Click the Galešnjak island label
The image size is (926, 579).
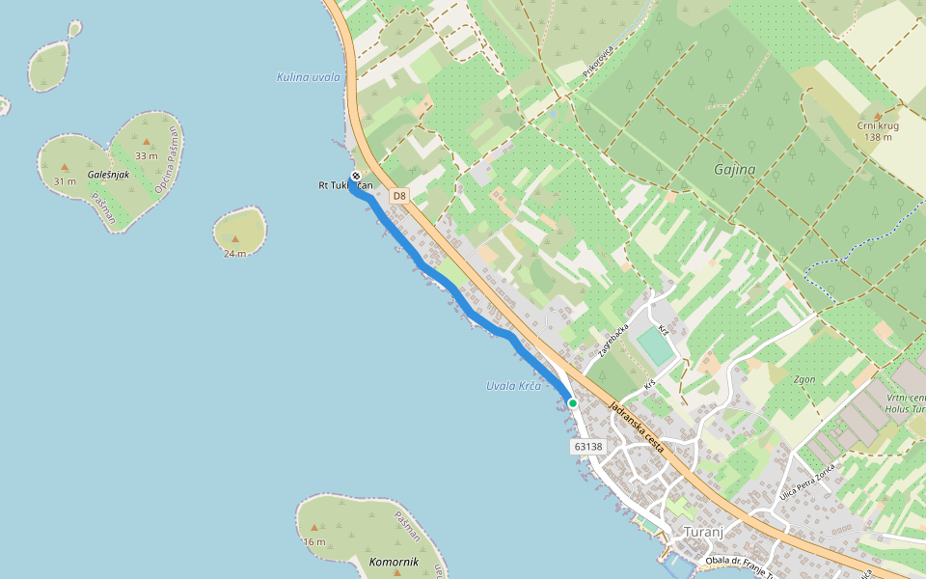(x=108, y=175)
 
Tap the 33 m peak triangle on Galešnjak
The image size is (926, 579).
(x=147, y=142)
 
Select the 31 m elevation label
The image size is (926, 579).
(x=65, y=181)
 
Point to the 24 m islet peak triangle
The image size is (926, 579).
(x=234, y=238)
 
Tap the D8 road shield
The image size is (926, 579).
(x=399, y=196)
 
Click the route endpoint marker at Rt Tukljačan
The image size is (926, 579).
(x=356, y=177)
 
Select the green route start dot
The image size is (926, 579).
(x=572, y=402)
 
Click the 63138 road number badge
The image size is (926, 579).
(x=587, y=447)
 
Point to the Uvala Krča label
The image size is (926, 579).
(x=513, y=386)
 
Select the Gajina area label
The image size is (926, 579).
(x=734, y=170)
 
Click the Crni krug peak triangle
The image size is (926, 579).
(x=877, y=114)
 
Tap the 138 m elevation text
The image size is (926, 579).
(x=878, y=137)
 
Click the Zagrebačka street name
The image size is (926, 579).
(x=613, y=341)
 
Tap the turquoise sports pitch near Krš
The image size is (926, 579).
(x=656, y=347)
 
